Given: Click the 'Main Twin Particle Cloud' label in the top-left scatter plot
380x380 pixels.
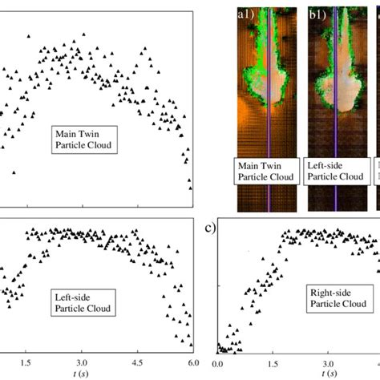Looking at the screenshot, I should coord(83,139).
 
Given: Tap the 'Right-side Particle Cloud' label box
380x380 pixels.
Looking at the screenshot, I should coord(337,298).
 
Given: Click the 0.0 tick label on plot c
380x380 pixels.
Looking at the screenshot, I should coord(217,362).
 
